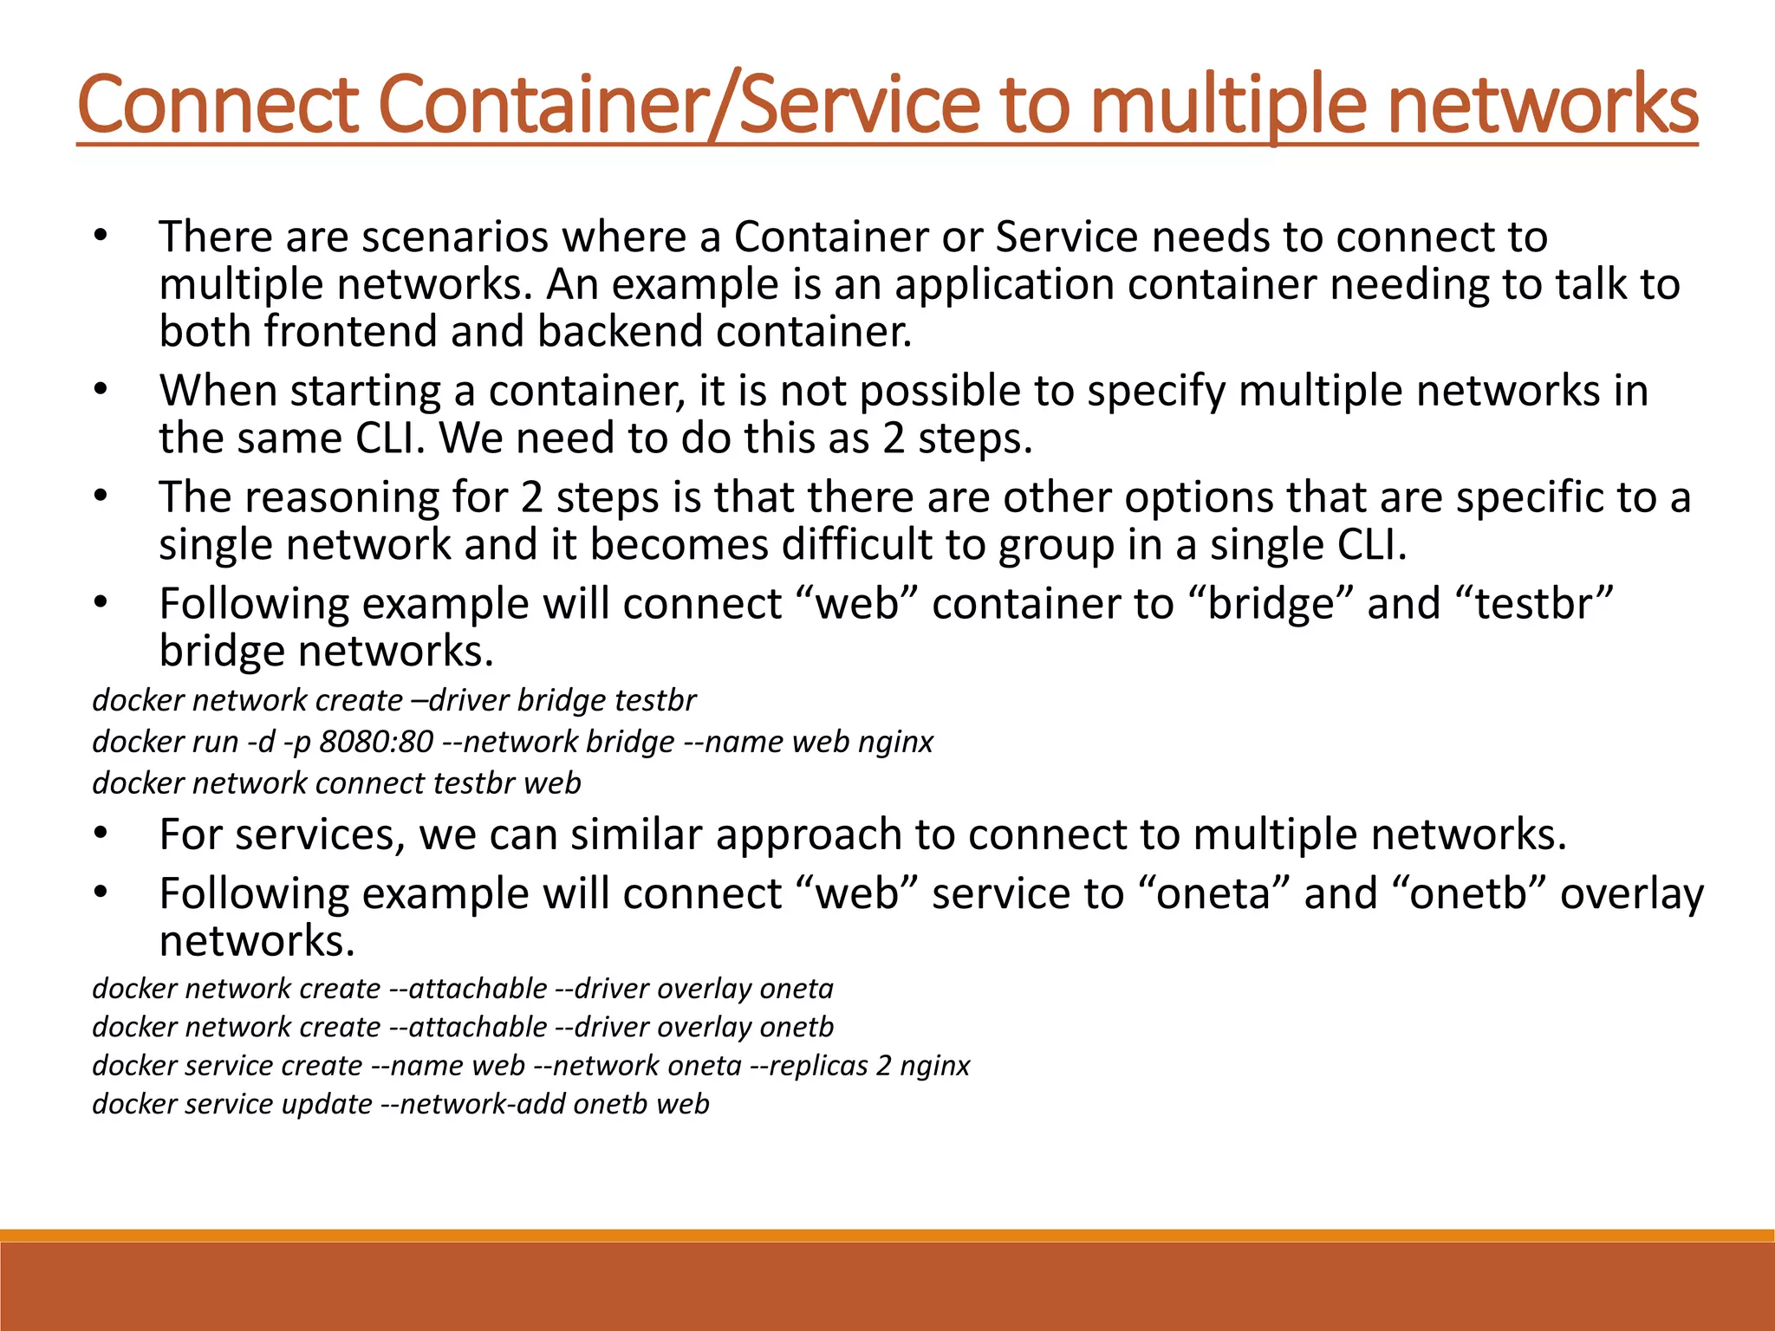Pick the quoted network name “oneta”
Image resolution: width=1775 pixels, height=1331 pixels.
(x=1213, y=893)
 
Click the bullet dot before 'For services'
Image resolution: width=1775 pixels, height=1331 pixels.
(x=101, y=834)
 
